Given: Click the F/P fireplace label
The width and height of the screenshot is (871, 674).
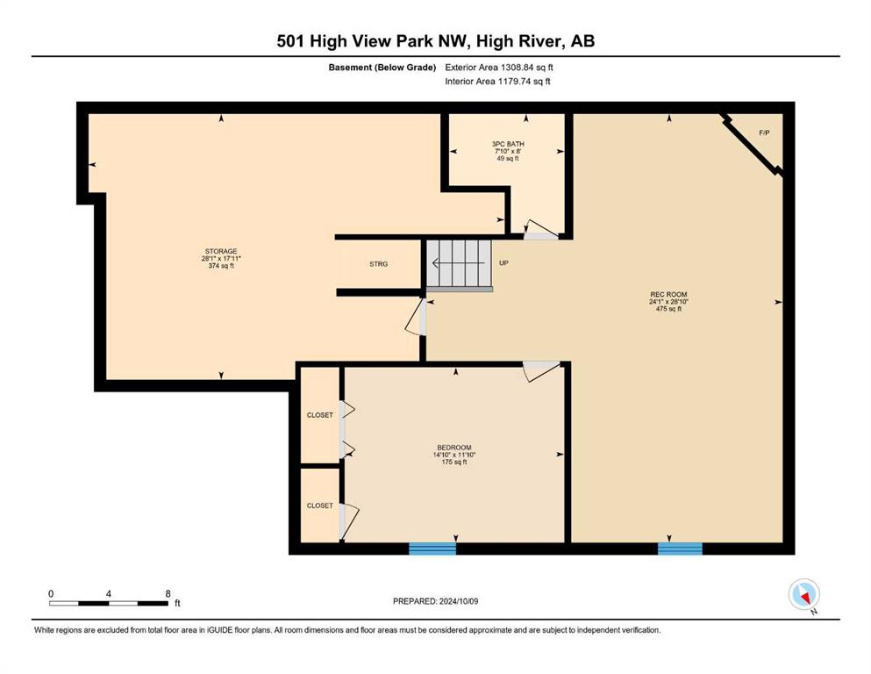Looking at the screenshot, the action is point(764,133).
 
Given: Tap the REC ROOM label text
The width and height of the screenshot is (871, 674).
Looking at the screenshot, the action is point(668,295).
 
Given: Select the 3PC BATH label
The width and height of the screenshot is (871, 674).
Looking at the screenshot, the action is point(508,144).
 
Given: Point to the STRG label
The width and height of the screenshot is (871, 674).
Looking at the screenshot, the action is point(379,264).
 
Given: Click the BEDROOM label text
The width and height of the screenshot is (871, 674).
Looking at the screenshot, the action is point(454,448).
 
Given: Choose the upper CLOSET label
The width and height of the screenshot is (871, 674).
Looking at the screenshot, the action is point(320,415).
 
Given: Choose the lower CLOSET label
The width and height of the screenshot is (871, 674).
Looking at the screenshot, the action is point(320,505).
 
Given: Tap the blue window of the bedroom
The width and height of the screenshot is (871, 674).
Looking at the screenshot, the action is point(432,549).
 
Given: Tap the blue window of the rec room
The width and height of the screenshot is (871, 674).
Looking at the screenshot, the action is point(680,549).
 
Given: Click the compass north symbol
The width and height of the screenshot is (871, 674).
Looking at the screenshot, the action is point(804,595).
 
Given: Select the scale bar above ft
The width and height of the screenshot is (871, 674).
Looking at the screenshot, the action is point(108,603).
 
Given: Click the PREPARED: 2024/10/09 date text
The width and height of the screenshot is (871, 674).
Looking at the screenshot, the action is point(435,601).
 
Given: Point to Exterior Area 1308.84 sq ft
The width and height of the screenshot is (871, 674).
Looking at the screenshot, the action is point(499,68).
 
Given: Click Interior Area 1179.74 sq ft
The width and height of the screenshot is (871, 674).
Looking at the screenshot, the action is point(497,81).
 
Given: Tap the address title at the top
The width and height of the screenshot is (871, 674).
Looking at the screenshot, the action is point(435,41).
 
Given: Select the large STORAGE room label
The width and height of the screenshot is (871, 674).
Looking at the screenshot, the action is point(221,251).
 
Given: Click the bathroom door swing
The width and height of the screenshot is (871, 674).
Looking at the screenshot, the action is point(540,229).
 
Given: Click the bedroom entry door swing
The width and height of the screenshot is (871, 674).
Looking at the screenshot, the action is point(541,371).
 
